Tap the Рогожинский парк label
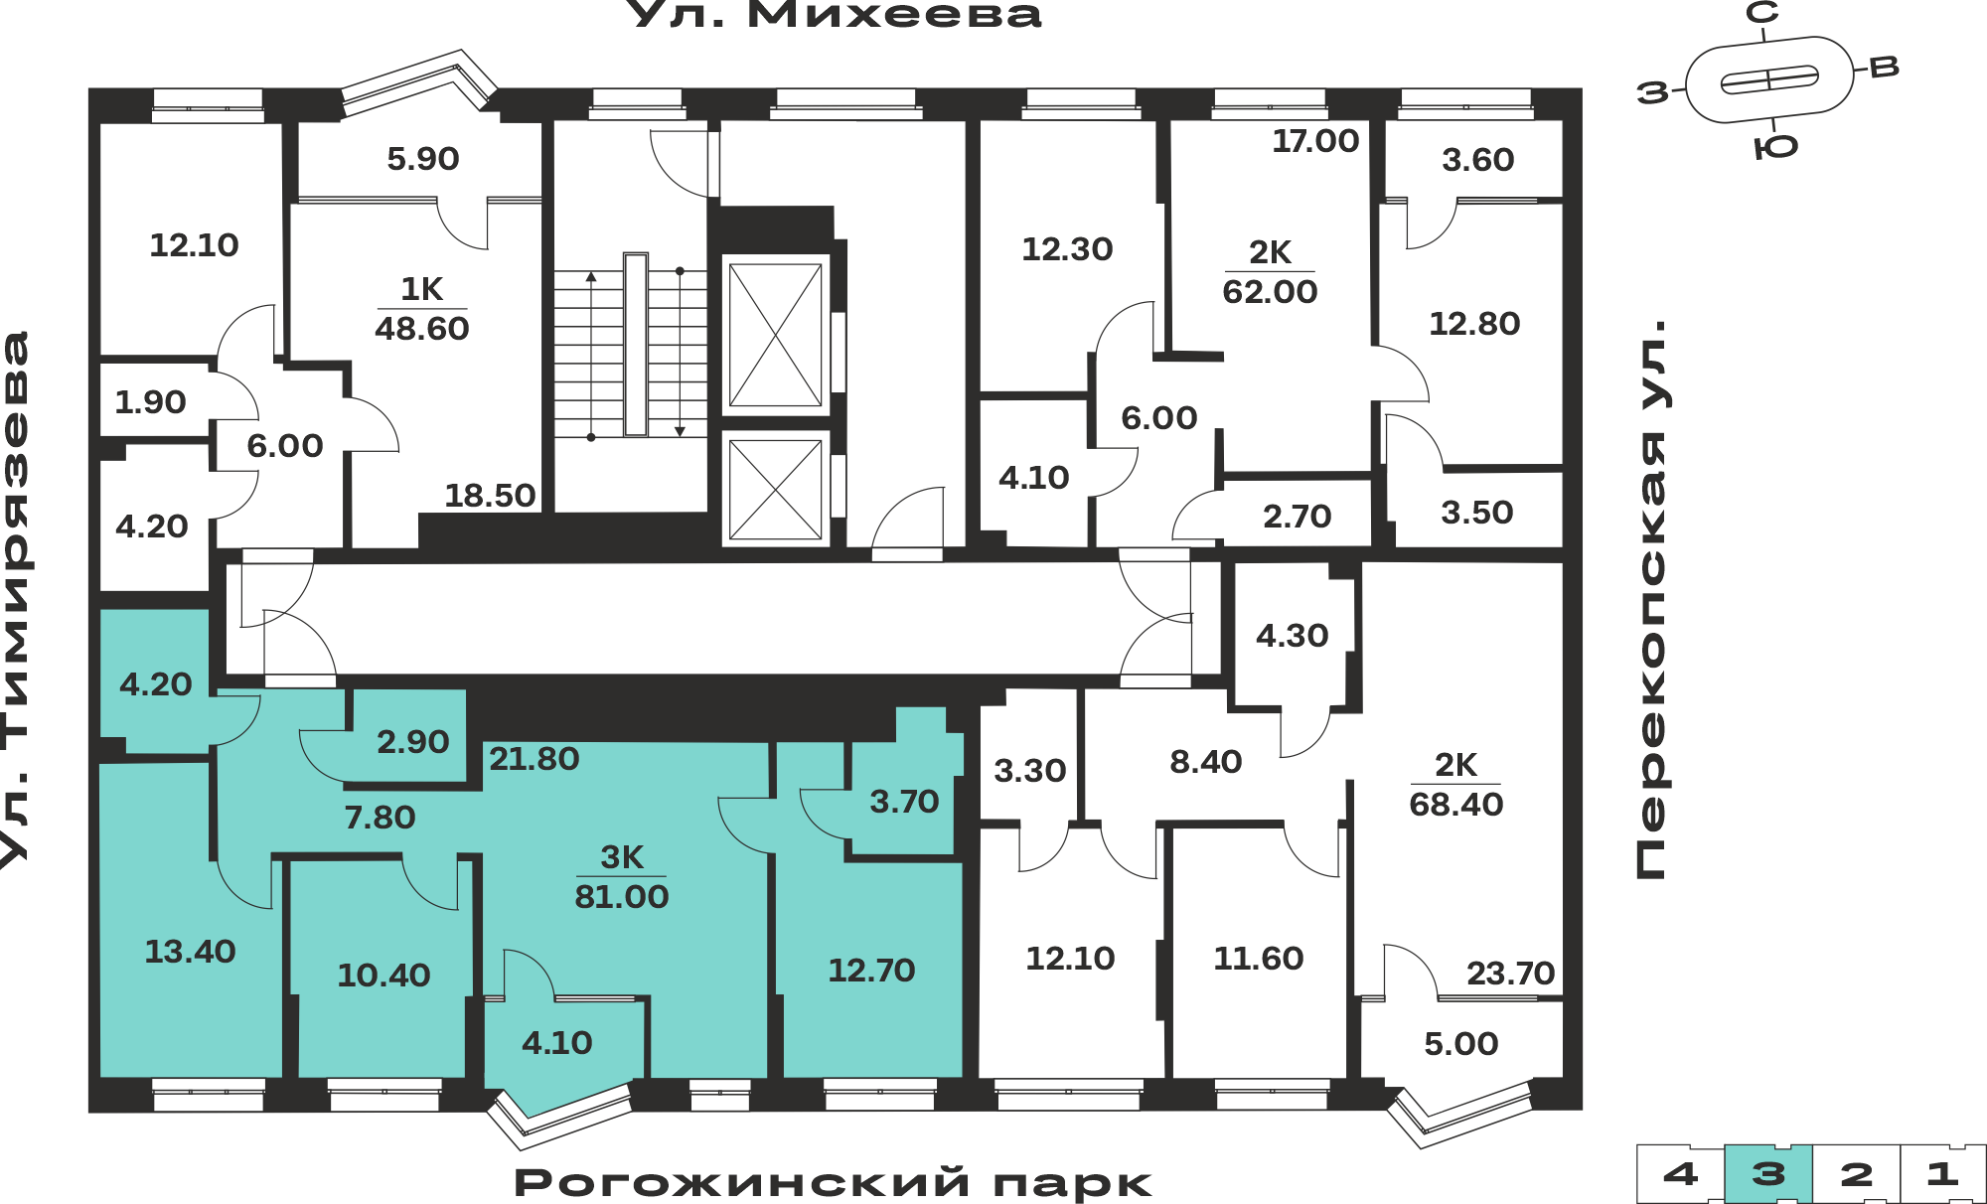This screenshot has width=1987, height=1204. point(833,1183)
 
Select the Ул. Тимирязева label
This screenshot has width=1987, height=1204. point(16,600)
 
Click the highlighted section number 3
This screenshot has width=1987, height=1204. point(1768,1174)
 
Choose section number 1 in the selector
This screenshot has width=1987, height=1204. point(1942,1174)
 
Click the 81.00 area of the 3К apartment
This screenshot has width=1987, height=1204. point(622,897)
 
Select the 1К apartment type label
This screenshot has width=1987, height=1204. point(421,289)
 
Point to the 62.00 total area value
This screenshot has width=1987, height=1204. point(1270,292)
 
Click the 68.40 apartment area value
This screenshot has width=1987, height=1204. point(1456,805)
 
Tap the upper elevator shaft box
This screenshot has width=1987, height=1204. point(776,335)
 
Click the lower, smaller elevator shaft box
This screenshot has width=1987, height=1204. point(776,490)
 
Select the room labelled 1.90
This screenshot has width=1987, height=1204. point(155,401)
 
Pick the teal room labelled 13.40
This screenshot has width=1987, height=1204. point(191,952)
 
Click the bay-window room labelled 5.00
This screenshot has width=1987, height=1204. point(1461,1044)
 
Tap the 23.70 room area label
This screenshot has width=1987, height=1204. point(1510,974)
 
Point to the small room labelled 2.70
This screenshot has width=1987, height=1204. point(1297,517)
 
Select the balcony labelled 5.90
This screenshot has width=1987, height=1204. point(423,159)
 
